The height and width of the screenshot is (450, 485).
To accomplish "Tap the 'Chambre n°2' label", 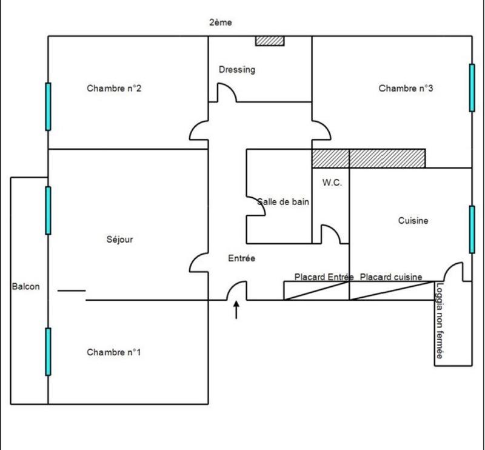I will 114,89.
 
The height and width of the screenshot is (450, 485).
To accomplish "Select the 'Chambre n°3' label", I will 406,89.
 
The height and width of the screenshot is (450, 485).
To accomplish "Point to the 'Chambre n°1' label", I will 114,352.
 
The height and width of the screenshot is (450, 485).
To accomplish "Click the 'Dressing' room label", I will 236,70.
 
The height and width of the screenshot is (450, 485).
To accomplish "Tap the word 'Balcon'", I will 25,287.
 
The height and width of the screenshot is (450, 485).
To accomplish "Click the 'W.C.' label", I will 332,183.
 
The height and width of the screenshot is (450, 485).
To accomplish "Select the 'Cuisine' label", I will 413,221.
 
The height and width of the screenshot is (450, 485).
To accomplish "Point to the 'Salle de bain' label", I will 284,202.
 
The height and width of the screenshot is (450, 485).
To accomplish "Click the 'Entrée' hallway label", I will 241,258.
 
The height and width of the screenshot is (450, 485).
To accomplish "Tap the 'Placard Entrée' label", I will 323,277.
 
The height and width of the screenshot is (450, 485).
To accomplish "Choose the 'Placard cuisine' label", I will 391,277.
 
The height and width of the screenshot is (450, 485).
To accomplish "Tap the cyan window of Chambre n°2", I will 48,107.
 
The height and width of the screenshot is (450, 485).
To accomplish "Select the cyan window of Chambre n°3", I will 472,88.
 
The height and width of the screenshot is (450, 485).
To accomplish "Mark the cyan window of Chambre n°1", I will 48,352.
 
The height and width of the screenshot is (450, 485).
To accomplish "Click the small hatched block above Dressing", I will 269,41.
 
